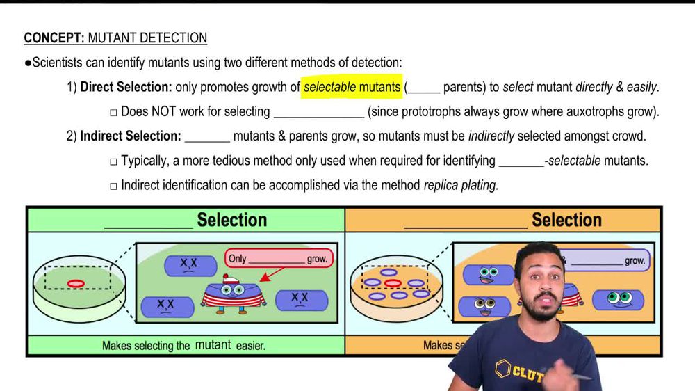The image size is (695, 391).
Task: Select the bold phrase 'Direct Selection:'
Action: [126, 87]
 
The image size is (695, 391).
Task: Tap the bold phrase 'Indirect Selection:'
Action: [131, 136]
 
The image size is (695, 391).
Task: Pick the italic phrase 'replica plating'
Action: [459, 186]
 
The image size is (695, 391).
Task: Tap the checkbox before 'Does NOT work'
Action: [113, 112]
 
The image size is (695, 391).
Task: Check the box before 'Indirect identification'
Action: [113, 186]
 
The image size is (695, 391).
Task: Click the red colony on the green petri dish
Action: [76, 283]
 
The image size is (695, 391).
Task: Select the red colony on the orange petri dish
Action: [393, 283]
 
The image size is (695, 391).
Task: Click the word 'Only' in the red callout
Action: [238, 259]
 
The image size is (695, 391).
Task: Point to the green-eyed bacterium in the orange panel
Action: [617, 300]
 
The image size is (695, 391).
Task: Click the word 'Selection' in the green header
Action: [232, 221]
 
